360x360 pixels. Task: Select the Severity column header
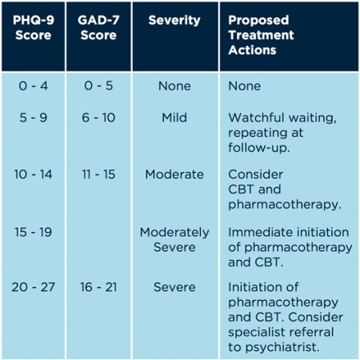(174, 19)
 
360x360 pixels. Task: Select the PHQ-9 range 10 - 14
(32, 174)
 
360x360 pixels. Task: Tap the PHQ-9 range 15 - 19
(32, 232)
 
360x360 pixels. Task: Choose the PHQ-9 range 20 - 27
(32, 287)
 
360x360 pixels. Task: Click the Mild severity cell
(174, 117)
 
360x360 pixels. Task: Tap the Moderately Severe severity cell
(174, 240)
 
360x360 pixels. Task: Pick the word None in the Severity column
(174, 85)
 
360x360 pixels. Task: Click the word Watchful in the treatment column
(255, 117)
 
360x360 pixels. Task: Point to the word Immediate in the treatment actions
(258, 232)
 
